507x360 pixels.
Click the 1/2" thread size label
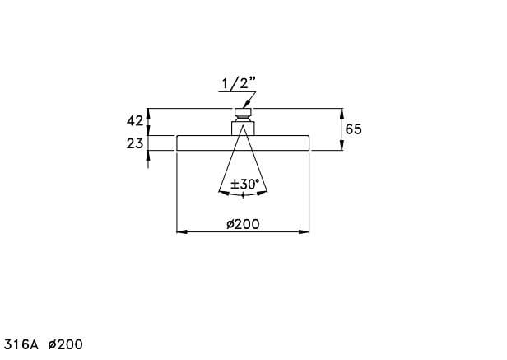click(239, 83)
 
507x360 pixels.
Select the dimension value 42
click(134, 121)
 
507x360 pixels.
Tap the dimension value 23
click(134, 143)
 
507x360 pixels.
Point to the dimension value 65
click(353, 129)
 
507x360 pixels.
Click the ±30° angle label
click(244, 185)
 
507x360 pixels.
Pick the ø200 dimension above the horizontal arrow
click(243, 224)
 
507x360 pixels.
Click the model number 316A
click(21, 344)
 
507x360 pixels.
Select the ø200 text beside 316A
click(65, 344)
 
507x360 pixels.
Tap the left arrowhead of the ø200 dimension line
click(182, 231)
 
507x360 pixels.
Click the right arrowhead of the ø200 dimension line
click(304, 231)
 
